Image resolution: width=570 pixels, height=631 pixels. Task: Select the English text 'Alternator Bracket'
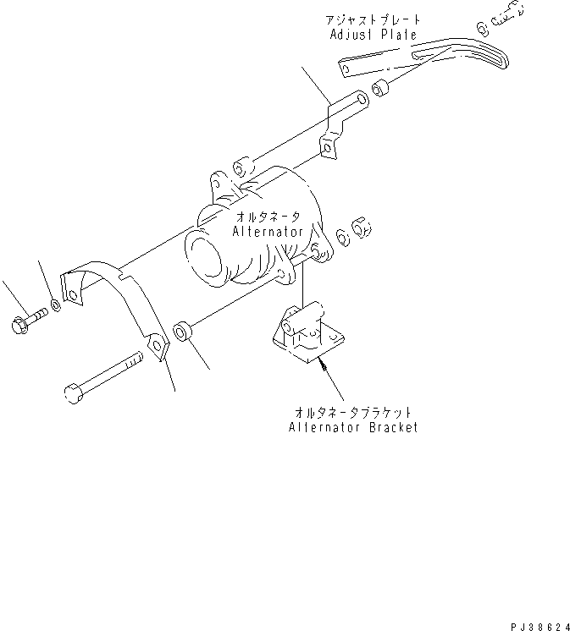pyautogui.click(x=352, y=427)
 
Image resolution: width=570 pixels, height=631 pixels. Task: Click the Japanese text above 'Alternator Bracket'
pyautogui.click(x=352, y=412)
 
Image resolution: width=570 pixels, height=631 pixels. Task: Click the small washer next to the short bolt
pyautogui.click(x=55, y=302)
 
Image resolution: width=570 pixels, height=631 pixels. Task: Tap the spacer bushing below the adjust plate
pyautogui.click(x=380, y=87)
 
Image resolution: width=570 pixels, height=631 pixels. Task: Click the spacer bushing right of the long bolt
pyautogui.click(x=181, y=331)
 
